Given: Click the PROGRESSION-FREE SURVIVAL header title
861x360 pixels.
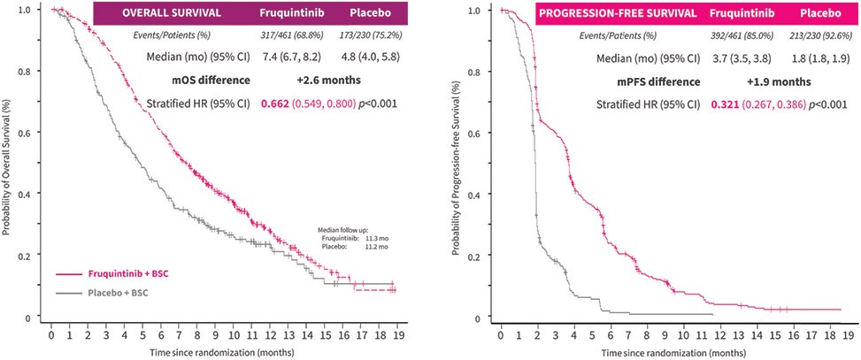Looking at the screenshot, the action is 617,13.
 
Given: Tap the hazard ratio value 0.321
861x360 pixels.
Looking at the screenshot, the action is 723,103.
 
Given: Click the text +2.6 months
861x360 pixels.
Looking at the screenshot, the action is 329,80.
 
